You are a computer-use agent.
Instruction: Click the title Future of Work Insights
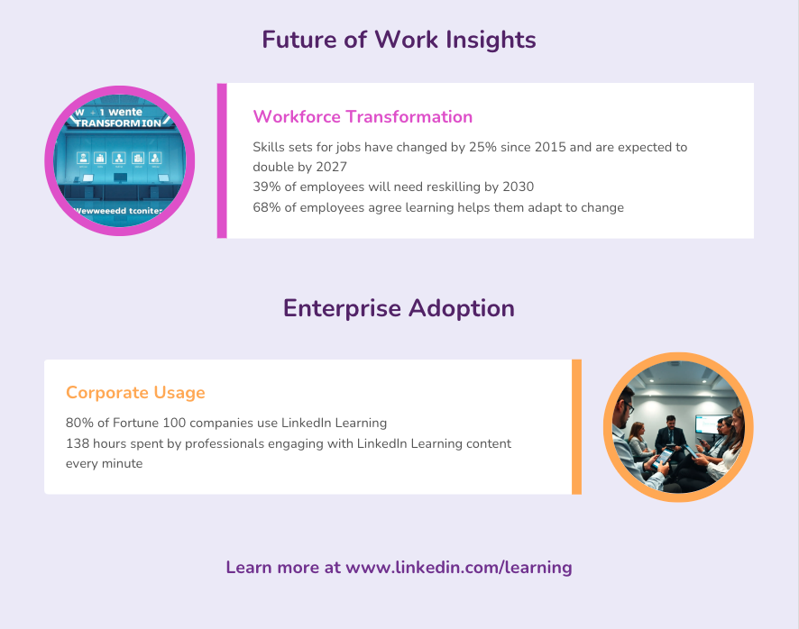pyautogui.click(x=399, y=40)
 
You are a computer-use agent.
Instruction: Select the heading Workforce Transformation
pyautogui.click(x=363, y=116)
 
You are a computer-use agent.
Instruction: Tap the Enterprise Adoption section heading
pyautogui.click(x=399, y=308)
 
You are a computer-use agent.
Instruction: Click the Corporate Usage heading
pyautogui.click(x=135, y=393)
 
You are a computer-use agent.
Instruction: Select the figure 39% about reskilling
pyautogui.click(x=266, y=187)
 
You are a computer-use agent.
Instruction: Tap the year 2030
pyautogui.click(x=516, y=187)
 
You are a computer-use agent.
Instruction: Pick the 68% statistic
pyautogui.click(x=266, y=208)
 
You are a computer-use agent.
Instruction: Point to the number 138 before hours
pyautogui.click(x=78, y=443)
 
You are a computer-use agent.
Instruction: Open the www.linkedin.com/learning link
pyautogui.click(x=459, y=568)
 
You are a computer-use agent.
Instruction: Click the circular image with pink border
pyautogui.click(x=120, y=160)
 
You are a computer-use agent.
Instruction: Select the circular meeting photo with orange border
pyautogui.click(x=678, y=428)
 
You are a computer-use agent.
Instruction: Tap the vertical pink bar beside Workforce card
pyautogui.click(x=222, y=160)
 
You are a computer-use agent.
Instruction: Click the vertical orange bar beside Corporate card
pyautogui.click(x=576, y=426)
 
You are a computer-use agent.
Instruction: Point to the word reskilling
pyautogui.click(x=444, y=187)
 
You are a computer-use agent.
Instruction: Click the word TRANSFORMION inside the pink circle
pyautogui.click(x=120, y=123)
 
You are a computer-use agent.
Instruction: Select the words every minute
pyautogui.click(x=104, y=464)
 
